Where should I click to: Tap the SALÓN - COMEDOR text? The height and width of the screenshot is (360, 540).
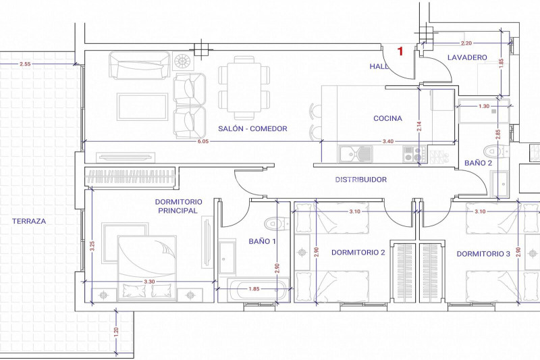[252, 128]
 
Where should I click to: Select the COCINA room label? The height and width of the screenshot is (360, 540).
[387, 118]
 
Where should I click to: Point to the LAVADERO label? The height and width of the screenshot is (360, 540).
[467, 58]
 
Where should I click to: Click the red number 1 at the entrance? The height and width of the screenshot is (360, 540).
[400, 51]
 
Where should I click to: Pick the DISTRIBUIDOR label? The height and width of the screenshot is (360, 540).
[360, 180]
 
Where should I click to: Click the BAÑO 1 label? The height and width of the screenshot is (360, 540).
[263, 241]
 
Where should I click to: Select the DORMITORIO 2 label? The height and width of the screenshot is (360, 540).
[358, 253]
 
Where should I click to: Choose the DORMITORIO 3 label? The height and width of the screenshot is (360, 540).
[483, 254]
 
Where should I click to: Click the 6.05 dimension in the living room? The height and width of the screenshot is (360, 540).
[203, 141]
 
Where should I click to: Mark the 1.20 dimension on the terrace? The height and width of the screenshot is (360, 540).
[116, 332]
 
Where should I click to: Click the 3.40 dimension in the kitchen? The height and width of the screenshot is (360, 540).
[387, 141]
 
